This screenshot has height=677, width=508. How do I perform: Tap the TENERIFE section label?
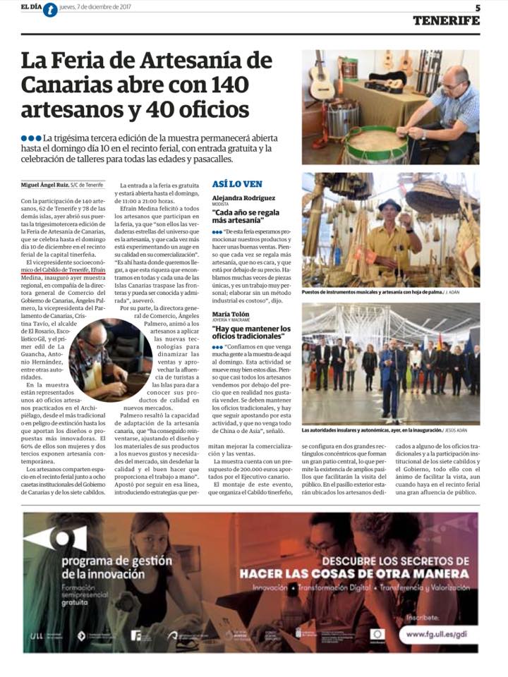pyautogui.click(x=446, y=20)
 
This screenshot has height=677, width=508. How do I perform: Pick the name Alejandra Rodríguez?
pyautogui.click(x=244, y=198)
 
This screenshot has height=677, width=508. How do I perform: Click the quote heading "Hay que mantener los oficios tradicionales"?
pyautogui.click(x=251, y=333)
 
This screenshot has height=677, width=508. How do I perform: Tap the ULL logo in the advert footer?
pyautogui.click(x=37, y=635)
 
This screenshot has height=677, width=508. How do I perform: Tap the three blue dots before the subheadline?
pyautogui.click(x=30, y=137)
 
